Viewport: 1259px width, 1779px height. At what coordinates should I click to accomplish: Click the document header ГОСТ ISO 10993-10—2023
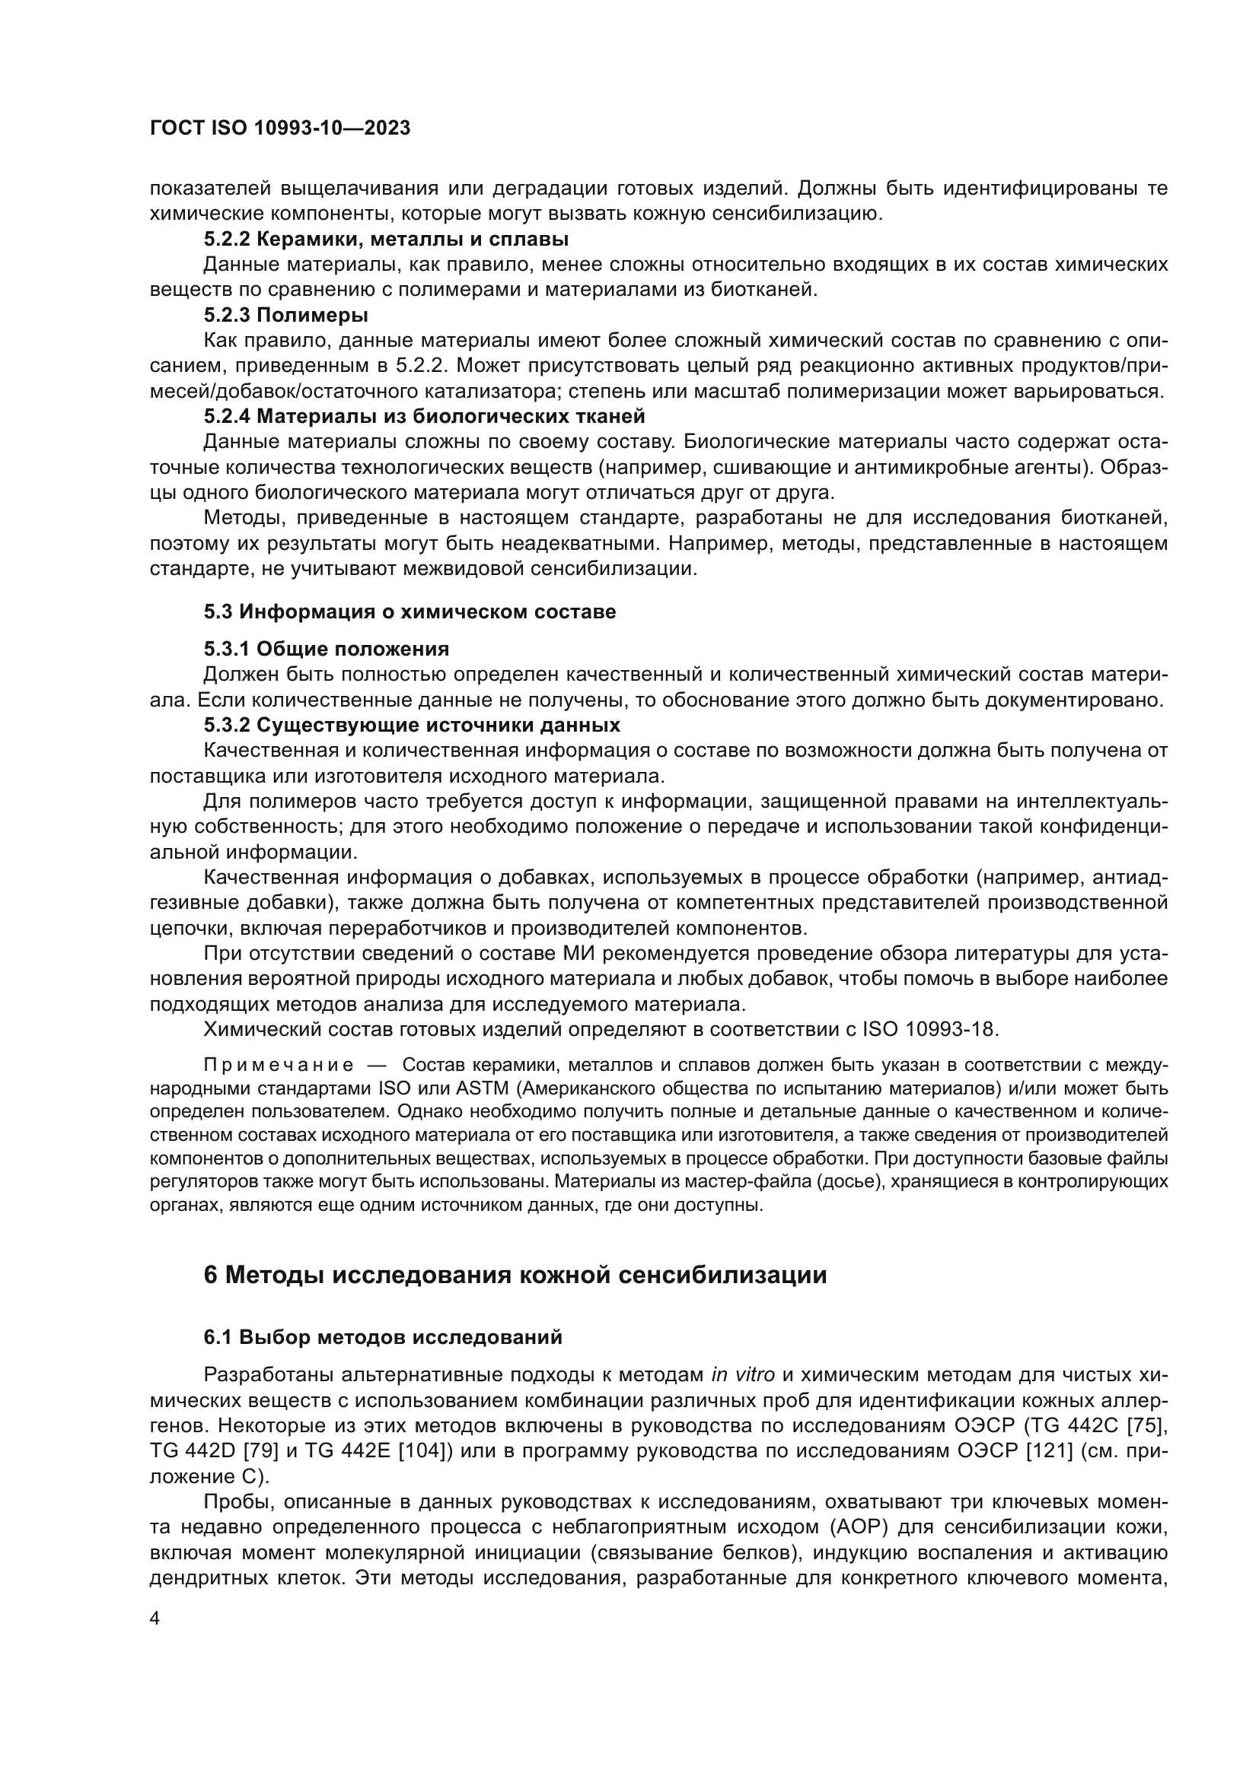(280, 129)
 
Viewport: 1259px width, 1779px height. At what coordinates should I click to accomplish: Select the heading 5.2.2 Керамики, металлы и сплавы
(386, 240)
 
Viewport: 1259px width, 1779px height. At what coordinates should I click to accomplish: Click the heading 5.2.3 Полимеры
(285, 316)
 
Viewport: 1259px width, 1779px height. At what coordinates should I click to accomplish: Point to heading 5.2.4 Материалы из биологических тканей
(424, 417)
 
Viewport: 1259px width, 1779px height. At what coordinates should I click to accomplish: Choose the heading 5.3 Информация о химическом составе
(410, 612)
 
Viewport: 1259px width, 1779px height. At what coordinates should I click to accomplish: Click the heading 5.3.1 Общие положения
(327, 649)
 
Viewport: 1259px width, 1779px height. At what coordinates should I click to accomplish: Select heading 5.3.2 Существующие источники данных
(412, 726)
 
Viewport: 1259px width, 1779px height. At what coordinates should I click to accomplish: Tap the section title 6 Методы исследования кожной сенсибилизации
(515, 1275)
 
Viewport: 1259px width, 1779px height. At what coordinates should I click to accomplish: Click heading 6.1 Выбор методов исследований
(383, 1338)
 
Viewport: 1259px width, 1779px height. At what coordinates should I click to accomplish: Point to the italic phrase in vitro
(743, 1375)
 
